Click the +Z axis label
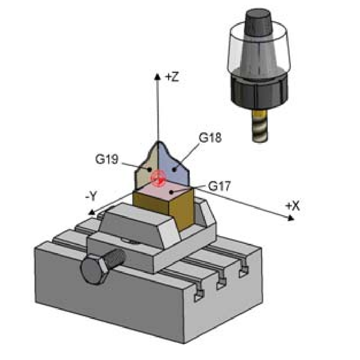pyautogui.click(x=172, y=77)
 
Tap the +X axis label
pyautogui.click(x=292, y=206)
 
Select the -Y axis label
pyautogui.click(x=92, y=196)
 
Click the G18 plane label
pyautogui.click(x=210, y=138)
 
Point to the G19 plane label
pyautogui.click(x=107, y=159)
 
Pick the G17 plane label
pyautogui.click(x=219, y=186)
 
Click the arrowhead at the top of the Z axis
pyautogui.click(x=157, y=76)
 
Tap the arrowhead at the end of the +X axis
pyautogui.click(x=291, y=218)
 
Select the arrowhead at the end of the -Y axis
pyautogui.click(x=92, y=213)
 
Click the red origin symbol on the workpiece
pyautogui.click(x=158, y=178)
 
